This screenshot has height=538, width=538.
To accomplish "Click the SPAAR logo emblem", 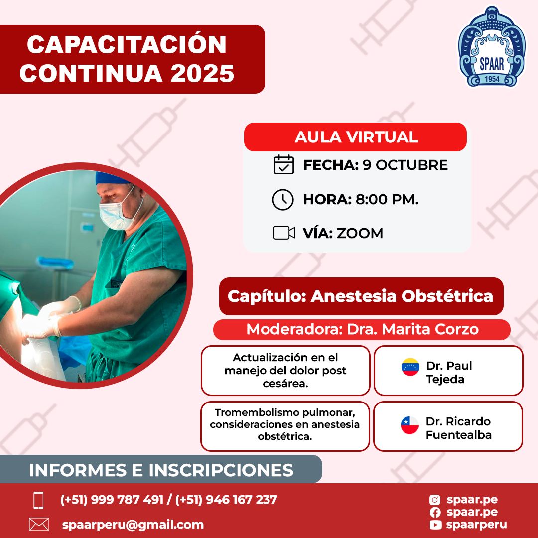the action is coord(492,46).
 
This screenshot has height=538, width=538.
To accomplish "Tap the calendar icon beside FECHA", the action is coord(284,165).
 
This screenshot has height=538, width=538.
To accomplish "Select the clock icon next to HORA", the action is coord(283,199).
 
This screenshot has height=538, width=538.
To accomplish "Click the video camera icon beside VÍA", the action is coord(284,233).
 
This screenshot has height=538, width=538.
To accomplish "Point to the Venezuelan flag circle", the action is coord(410,367).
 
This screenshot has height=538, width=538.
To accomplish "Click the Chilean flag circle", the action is coord(410,425).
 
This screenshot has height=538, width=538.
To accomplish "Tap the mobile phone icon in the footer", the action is coord(38,500).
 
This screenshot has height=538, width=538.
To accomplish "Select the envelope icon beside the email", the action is coord(39,524).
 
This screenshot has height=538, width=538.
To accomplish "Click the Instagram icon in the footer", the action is coord(435,500).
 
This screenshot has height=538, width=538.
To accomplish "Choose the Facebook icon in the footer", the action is coord(435,512).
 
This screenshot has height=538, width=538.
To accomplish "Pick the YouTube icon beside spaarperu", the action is coord(435,525).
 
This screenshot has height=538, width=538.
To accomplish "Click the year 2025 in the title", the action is coord(202,73).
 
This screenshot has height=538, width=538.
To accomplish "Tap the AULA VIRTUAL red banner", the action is coord(355,137).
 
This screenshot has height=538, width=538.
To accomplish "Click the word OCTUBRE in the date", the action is coord(412,165).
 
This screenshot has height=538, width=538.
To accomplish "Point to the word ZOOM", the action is coord(360,233).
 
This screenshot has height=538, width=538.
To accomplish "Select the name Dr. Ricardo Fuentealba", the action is coord(458,428).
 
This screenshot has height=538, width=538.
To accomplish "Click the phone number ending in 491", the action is coord(112,500).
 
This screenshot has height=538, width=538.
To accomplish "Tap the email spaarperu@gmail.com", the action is coord(133,525).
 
